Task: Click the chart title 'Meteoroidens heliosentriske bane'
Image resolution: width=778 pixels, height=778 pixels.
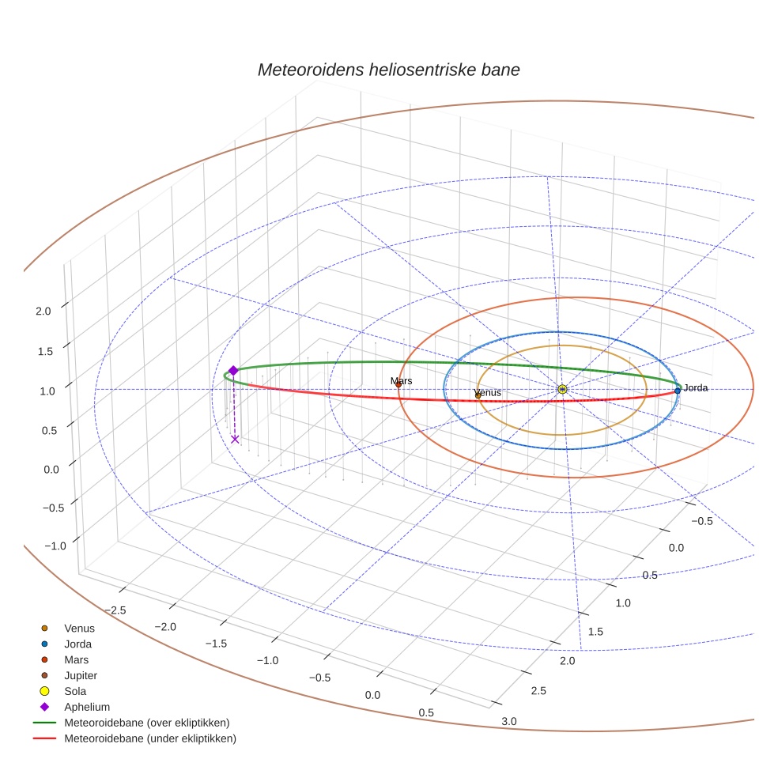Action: (388, 70)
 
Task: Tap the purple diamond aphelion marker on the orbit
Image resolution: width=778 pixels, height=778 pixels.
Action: (233, 370)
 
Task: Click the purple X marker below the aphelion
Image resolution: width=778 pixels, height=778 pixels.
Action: (235, 440)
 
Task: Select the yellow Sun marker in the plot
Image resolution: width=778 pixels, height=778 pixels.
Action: (562, 389)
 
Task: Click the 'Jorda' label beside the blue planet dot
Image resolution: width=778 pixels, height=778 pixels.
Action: (695, 387)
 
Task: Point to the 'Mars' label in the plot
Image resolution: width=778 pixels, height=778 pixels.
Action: (401, 381)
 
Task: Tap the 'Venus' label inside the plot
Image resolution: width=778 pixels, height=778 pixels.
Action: (487, 392)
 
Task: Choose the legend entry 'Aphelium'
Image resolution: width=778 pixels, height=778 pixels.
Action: (86, 707)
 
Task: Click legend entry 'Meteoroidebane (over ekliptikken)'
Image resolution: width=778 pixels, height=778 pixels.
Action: (146, 723)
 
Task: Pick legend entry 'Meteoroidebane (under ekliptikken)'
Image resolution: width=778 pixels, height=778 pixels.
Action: (149, 738)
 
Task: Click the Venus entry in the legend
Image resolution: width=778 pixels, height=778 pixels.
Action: (79, 629)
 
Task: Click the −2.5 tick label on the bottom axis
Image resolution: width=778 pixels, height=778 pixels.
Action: (115, 610)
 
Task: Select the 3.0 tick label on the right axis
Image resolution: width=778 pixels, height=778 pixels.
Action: (509, 720)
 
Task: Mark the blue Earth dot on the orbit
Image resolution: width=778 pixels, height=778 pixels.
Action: (678, 391)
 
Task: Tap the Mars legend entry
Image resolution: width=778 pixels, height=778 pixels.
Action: (76, 659)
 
